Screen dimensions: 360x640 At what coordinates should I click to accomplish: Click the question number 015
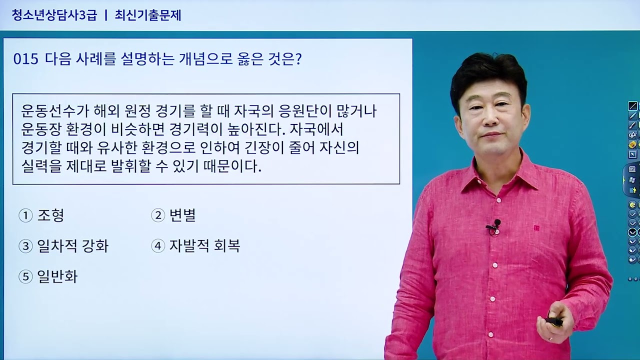pos(26,59)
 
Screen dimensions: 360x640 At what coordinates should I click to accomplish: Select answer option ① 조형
pos(41,215)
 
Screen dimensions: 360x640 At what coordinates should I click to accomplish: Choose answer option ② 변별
pos(173,215)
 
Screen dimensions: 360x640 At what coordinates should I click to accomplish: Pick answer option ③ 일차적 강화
pos(63,246)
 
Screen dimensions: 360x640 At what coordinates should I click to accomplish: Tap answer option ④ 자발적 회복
pos(195,246)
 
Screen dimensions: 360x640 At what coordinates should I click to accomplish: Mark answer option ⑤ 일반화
pos(48,276)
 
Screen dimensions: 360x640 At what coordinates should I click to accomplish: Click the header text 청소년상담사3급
pos(54,15)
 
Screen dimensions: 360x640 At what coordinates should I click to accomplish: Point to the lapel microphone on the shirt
pos(495,224)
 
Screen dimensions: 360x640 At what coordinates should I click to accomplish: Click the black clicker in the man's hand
pos(554,320)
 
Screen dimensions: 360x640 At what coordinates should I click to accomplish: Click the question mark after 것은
pos(298,59)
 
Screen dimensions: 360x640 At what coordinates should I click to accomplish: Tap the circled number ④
pos(158,246)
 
